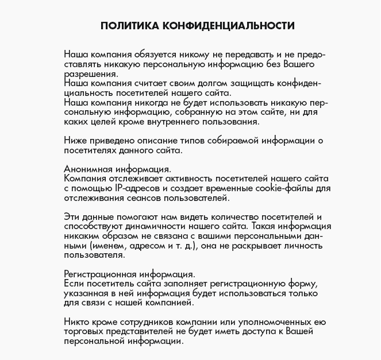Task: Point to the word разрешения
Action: pyautogui.click(x=89, y=75)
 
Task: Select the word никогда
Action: pyautogui.click(x=146, y=105)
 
